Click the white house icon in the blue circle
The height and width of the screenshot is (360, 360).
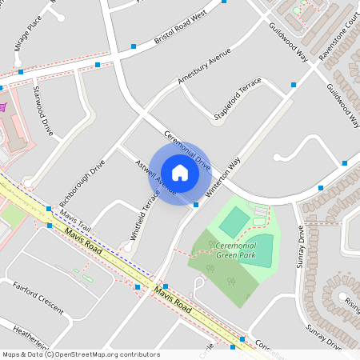pyautogui.click(x=179, y=173)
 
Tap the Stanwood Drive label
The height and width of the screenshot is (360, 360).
pyautogui.click(x=42, y=114)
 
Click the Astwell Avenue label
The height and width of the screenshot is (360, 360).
pyautogui.click(x=156, y=177)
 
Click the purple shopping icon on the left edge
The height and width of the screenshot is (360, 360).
pyautogui.click(x=2, y=106)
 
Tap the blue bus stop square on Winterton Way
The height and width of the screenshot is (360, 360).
pyautogui.click(x=196, y=205)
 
